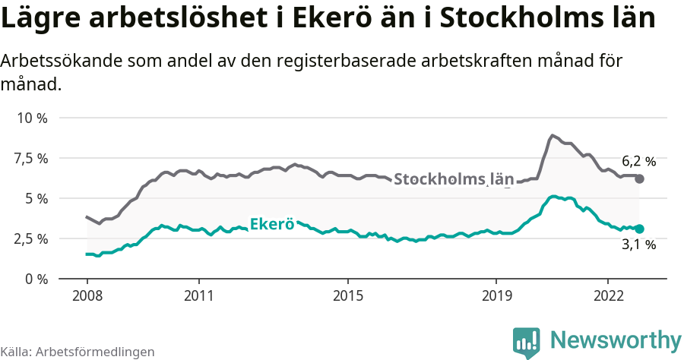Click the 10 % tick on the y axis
31,118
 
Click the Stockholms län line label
454,179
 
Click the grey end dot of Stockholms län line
639,178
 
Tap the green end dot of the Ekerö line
639,229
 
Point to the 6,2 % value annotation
638,161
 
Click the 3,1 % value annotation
638,245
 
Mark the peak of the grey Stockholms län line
552,136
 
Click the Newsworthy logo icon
526,343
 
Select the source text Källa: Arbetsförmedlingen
78,352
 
